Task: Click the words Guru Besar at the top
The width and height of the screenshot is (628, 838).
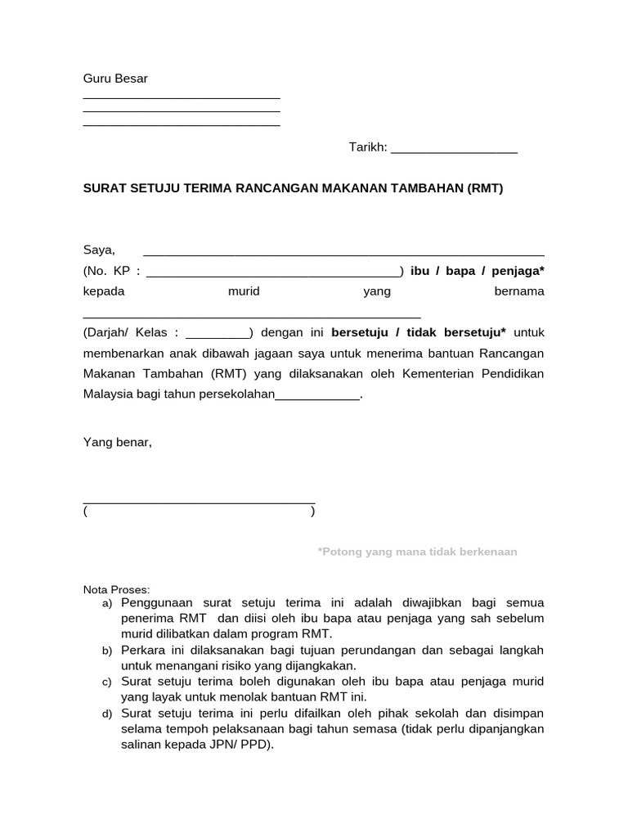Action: [x=115, y=79]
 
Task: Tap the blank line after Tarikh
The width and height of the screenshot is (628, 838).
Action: [x=454, y=151]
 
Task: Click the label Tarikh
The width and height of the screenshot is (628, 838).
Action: [x=367, y=147]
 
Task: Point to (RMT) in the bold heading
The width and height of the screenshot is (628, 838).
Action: [x=485, y=188]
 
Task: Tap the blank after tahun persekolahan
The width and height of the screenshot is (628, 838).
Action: [x=317, y=398]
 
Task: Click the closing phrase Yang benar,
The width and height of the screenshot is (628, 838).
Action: [x=117, y=442]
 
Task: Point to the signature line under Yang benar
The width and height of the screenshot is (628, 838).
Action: [x=199, y=502]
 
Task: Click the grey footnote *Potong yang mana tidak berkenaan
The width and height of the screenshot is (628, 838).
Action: [x=417, y=552]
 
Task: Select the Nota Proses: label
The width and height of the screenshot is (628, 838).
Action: [x=117, y=589]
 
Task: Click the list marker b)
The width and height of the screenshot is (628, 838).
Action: [x=107, y=651]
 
